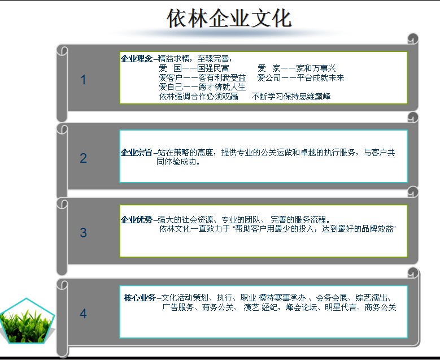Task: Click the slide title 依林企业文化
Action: (229, 19)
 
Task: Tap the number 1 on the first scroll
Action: (84, 80)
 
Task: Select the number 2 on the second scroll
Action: (84, 158)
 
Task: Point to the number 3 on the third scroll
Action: (84, 232)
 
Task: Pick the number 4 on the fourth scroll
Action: (84, 314)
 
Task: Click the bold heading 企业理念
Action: (137, 59)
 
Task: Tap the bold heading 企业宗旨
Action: (137, 153)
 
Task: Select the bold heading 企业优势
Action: (137, 220)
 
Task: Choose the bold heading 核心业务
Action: (140, 298)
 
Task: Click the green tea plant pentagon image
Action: (27, 322)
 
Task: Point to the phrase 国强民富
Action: (214, 68)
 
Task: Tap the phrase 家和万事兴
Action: (316, 68)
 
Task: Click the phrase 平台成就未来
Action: (320, 78)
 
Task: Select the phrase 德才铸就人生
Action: (222, 87)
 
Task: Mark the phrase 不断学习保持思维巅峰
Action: (291, 97)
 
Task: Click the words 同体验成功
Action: (176, 162)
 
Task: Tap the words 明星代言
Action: (341, 307)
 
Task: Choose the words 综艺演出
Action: (371, 298)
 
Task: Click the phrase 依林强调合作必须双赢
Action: (199, 97)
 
